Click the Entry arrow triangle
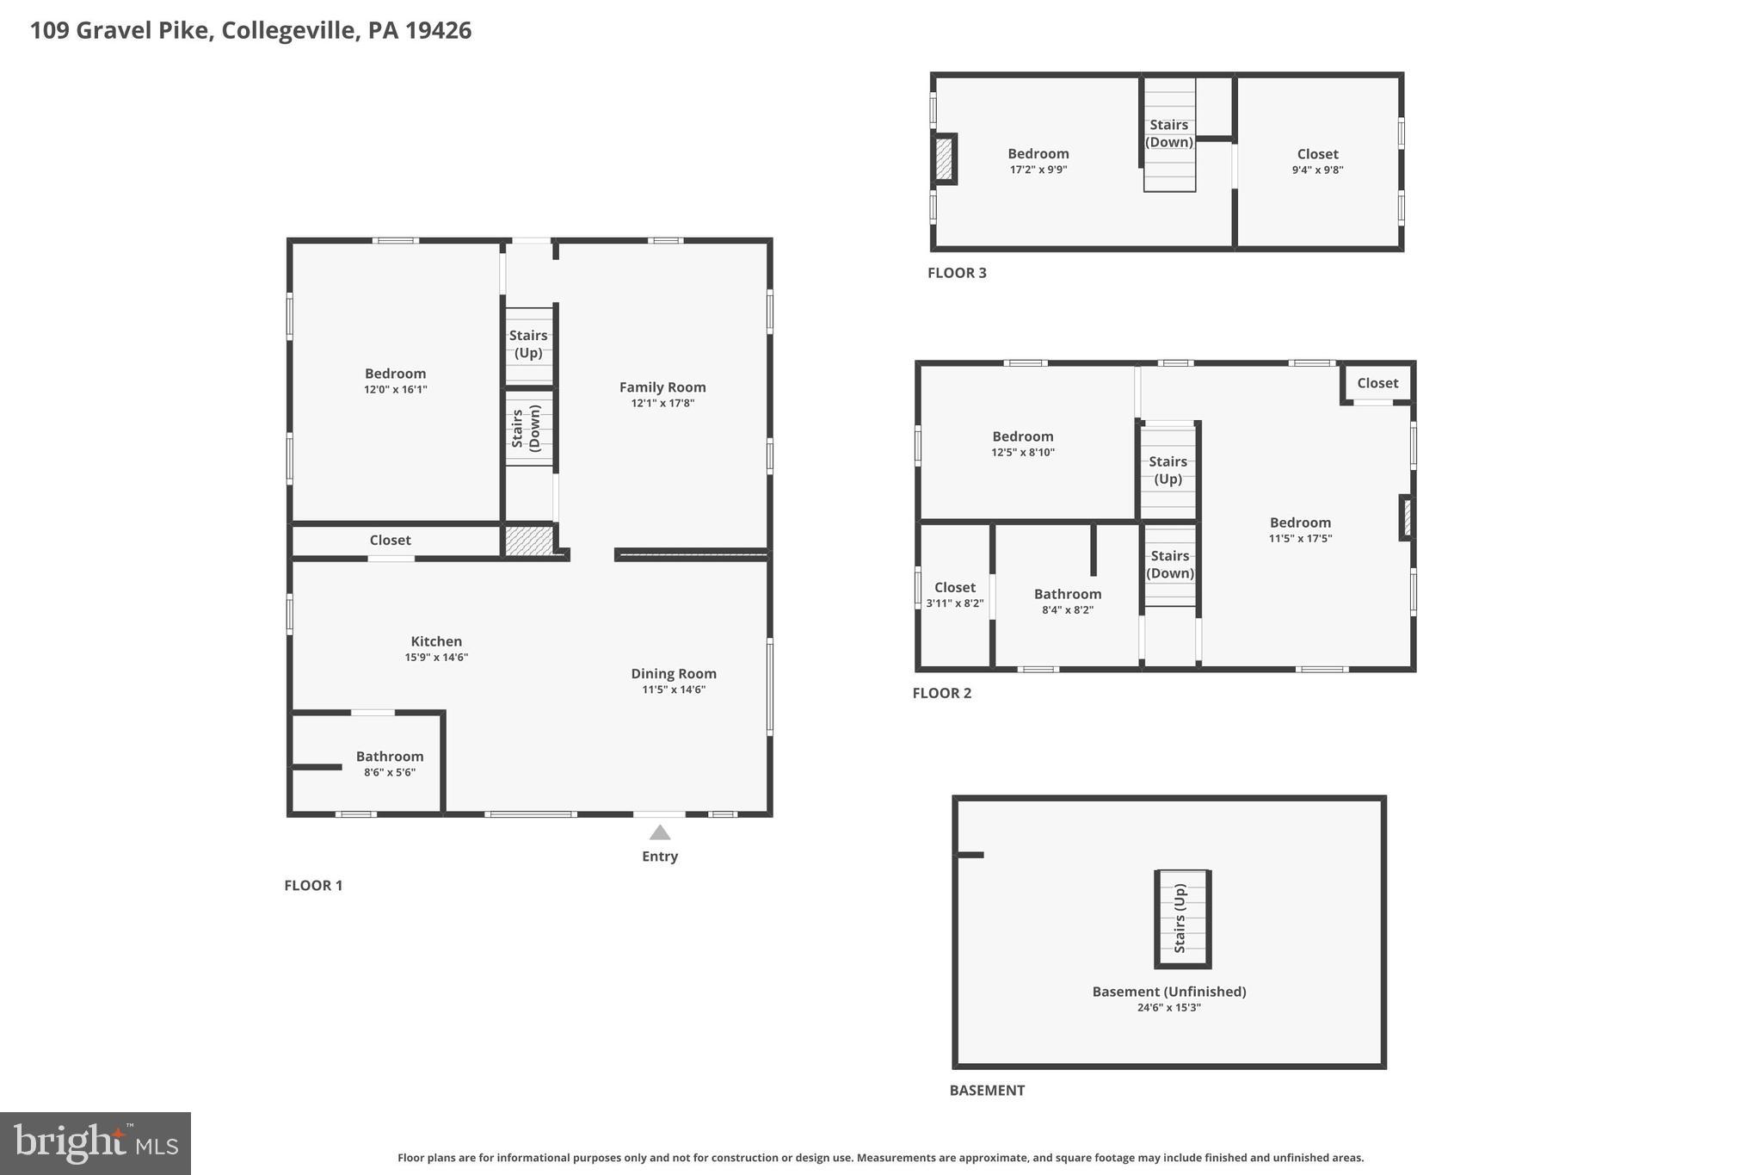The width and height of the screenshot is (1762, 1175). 660,832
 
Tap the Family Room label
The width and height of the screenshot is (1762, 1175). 662,387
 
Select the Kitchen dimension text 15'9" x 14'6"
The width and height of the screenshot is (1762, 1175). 436,658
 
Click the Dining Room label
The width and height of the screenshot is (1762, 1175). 674,674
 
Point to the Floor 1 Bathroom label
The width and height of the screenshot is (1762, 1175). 390,757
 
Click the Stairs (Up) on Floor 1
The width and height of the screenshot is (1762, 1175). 528,344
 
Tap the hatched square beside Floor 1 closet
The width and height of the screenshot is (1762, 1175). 527,541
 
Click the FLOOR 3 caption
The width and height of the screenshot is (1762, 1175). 957,273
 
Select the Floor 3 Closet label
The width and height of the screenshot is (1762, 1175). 1317,154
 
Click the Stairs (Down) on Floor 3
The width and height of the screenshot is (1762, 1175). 1169,133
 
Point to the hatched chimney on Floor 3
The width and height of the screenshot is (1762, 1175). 944,159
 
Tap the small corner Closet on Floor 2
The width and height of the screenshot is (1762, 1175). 1377,383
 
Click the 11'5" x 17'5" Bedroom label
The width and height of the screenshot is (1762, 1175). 1300,523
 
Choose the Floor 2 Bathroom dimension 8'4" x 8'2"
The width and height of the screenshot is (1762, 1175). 1068,610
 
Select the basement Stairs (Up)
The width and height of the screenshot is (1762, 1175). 1181,918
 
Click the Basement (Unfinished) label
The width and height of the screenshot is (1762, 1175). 1168,992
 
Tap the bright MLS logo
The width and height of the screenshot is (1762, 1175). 95,1143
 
